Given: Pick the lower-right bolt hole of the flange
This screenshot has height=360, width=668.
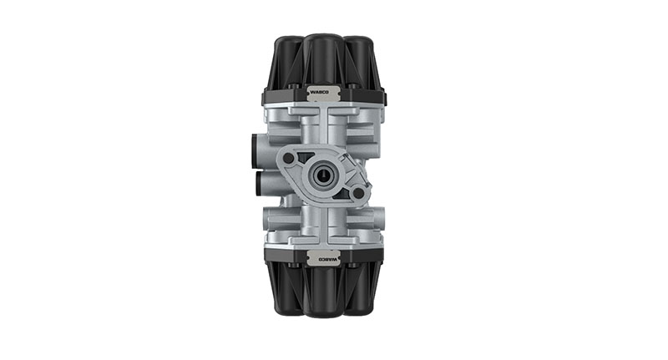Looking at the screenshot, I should [358, 193].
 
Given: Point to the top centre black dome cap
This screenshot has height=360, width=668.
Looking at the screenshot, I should [324, 58].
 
